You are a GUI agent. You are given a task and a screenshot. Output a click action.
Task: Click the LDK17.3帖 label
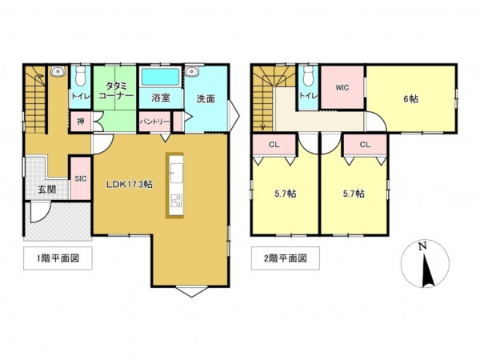tap(130, 184)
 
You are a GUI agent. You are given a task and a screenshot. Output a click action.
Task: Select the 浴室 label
tap(159, 98)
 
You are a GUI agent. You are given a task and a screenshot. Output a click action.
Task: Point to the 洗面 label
tap(206, 98)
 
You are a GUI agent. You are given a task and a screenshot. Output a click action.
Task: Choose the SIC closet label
tap(80, 179)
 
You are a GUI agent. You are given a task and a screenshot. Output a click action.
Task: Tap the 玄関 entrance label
tap(46, 190)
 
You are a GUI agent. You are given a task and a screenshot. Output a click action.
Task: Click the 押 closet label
tap(80, 122)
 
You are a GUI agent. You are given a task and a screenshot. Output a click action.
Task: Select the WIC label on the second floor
tap(342, 87)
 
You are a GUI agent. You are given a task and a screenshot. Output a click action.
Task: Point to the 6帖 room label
tap(410, 99)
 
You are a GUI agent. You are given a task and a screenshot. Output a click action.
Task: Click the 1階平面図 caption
tap(58, 259)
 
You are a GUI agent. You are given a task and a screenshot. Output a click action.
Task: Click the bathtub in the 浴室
tap(160, 78)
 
